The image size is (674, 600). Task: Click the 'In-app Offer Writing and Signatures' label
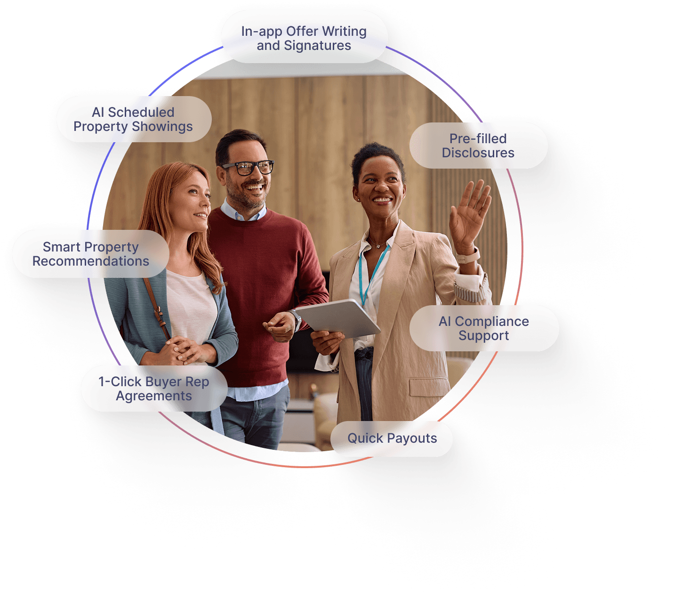pyautogui.click(x=304, y=38)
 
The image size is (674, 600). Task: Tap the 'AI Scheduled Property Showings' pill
pyautogui.click(x=134, y=119)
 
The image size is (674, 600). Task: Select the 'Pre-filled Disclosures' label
pyautogui.click(x=478, y=146)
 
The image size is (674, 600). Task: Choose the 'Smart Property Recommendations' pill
pyautogui.click(x=90, y=254)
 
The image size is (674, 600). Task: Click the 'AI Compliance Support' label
pyautogui.click(x=484, y=328)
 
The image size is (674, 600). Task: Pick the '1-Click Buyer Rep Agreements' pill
pyautogui.click(x=154, y=389)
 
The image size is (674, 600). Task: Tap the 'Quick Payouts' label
pyautogui.click(x=392, y=438)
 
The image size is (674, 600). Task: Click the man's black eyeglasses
pyautogui.click(x=249, y=167)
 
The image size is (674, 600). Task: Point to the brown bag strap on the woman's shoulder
pyautogui.click(x=156, y=306)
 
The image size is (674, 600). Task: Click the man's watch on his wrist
pyautogui.click(x=296, y=319)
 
